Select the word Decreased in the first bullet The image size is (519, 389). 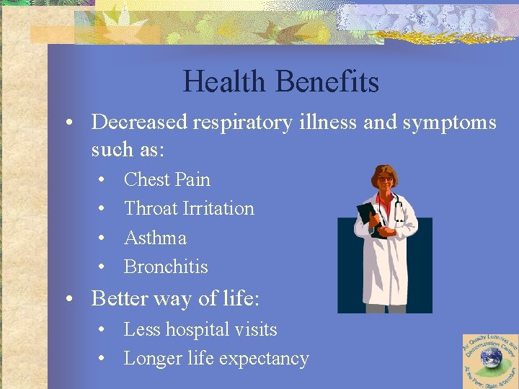pyautogui.click(x=140, y=122)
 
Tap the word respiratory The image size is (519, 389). pyautogui.click(x=241, y=122)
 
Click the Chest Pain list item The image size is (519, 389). pyautogui.click(x=167, y=179)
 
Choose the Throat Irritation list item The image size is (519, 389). pyautogui.click(x=189, y=208)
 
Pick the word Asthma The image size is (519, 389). pyautogui.click(x=155, y=238)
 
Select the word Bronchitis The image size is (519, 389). pyautogui.click(x=166, y=267)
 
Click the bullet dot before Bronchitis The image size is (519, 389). pyautogui.click(x=103, y=267)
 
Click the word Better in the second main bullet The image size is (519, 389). pyautogui.click(x=120, y=298)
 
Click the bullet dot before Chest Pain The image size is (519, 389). pyautogui.click(x=103, y=180)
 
